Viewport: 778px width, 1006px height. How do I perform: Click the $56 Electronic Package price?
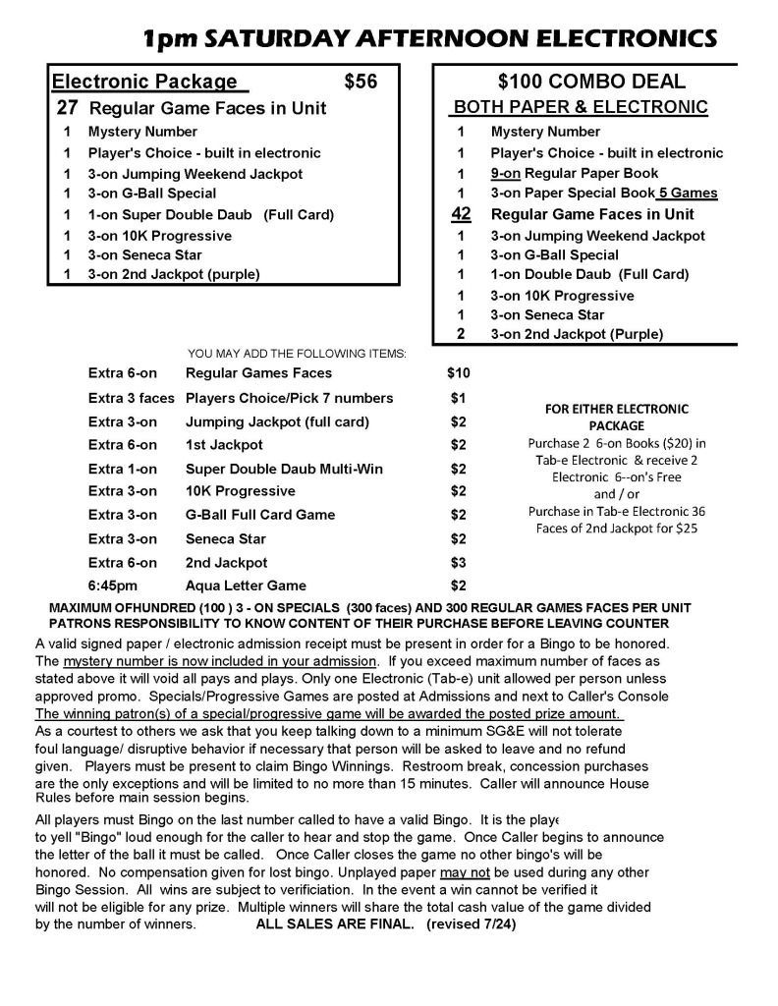point(361,83)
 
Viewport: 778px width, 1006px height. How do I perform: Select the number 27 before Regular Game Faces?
point(67,108)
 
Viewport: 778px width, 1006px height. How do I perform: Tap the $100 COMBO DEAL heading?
point(591,83)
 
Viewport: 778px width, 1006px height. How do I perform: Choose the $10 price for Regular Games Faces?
point(459,373)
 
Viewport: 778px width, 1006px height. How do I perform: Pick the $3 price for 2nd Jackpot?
point(458,563)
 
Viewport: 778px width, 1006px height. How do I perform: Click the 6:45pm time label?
point(109,586)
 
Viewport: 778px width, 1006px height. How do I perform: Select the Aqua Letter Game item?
point(246,586)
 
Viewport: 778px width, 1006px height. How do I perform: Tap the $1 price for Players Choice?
point(458,398)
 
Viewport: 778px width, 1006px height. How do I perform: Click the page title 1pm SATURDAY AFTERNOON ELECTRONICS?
point(429,39)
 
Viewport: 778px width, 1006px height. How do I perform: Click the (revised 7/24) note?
point(472,924)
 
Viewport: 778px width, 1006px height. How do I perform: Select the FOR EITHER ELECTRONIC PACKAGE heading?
point(616,418)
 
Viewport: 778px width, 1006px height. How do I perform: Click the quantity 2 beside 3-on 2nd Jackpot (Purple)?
point(460,334)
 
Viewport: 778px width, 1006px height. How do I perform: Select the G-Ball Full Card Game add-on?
point(260,515)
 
